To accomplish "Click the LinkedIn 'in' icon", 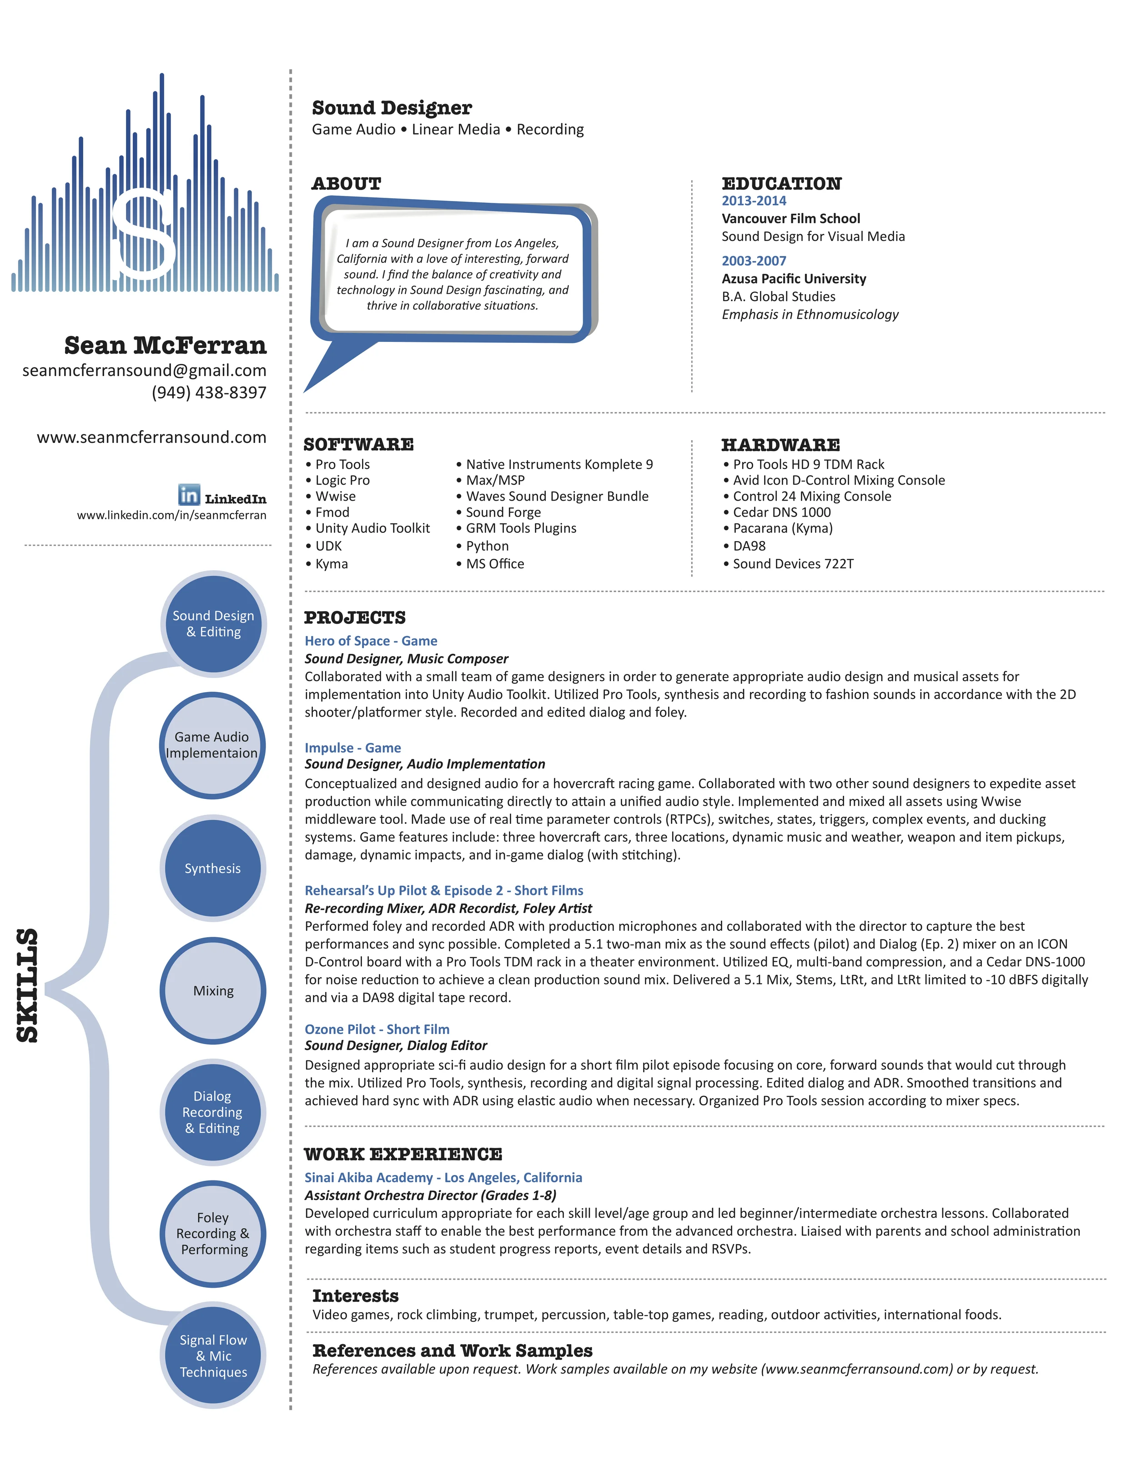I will point(189,495).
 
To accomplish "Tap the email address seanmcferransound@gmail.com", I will point(144,371).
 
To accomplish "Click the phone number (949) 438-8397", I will point(209,393).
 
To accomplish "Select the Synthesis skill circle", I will point(213,868).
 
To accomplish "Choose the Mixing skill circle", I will point(213,991).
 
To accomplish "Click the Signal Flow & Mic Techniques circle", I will point(213,1356).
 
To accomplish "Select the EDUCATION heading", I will point(781,184).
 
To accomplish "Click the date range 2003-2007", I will point(754,261).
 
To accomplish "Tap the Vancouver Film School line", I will point(791,218).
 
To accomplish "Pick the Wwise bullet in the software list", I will point(335,497).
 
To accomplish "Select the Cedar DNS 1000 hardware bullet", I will point(781,512).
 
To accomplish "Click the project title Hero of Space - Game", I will point(371,641).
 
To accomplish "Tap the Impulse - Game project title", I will point(352,748).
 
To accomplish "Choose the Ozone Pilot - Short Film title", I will point(377,1029).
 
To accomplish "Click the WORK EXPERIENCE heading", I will point(403,1155).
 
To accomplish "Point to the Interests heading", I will point(355,1296).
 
